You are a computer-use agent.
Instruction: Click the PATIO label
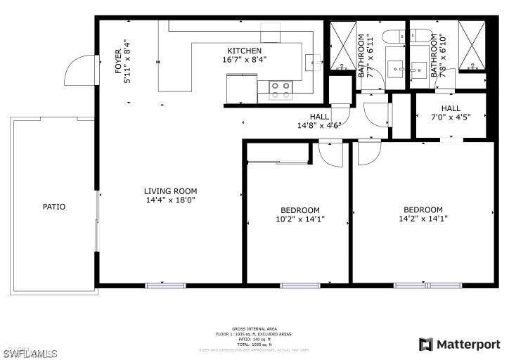[53, 207]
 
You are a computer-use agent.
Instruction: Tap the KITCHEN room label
[244, 51]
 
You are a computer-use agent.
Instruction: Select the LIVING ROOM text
[170, 191]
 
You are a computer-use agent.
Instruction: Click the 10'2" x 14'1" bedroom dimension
[300, 219]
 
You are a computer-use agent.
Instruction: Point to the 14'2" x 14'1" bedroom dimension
[423, 219]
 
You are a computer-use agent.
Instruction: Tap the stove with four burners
[282, 89]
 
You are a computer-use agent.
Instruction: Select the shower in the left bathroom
[343, 46]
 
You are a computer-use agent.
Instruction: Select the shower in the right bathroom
[472, 46]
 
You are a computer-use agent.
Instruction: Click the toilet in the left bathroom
[392, 37]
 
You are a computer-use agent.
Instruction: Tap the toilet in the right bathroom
[420, 37]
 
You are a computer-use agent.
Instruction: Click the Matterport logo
[460, 345]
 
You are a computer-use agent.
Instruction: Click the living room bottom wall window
[165, 285]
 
